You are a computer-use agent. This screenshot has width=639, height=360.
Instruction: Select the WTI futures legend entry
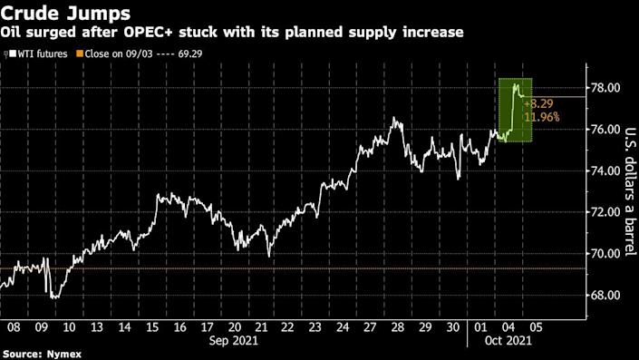[36, 54]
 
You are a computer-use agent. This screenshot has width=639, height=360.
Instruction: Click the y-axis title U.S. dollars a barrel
[623, 190]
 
